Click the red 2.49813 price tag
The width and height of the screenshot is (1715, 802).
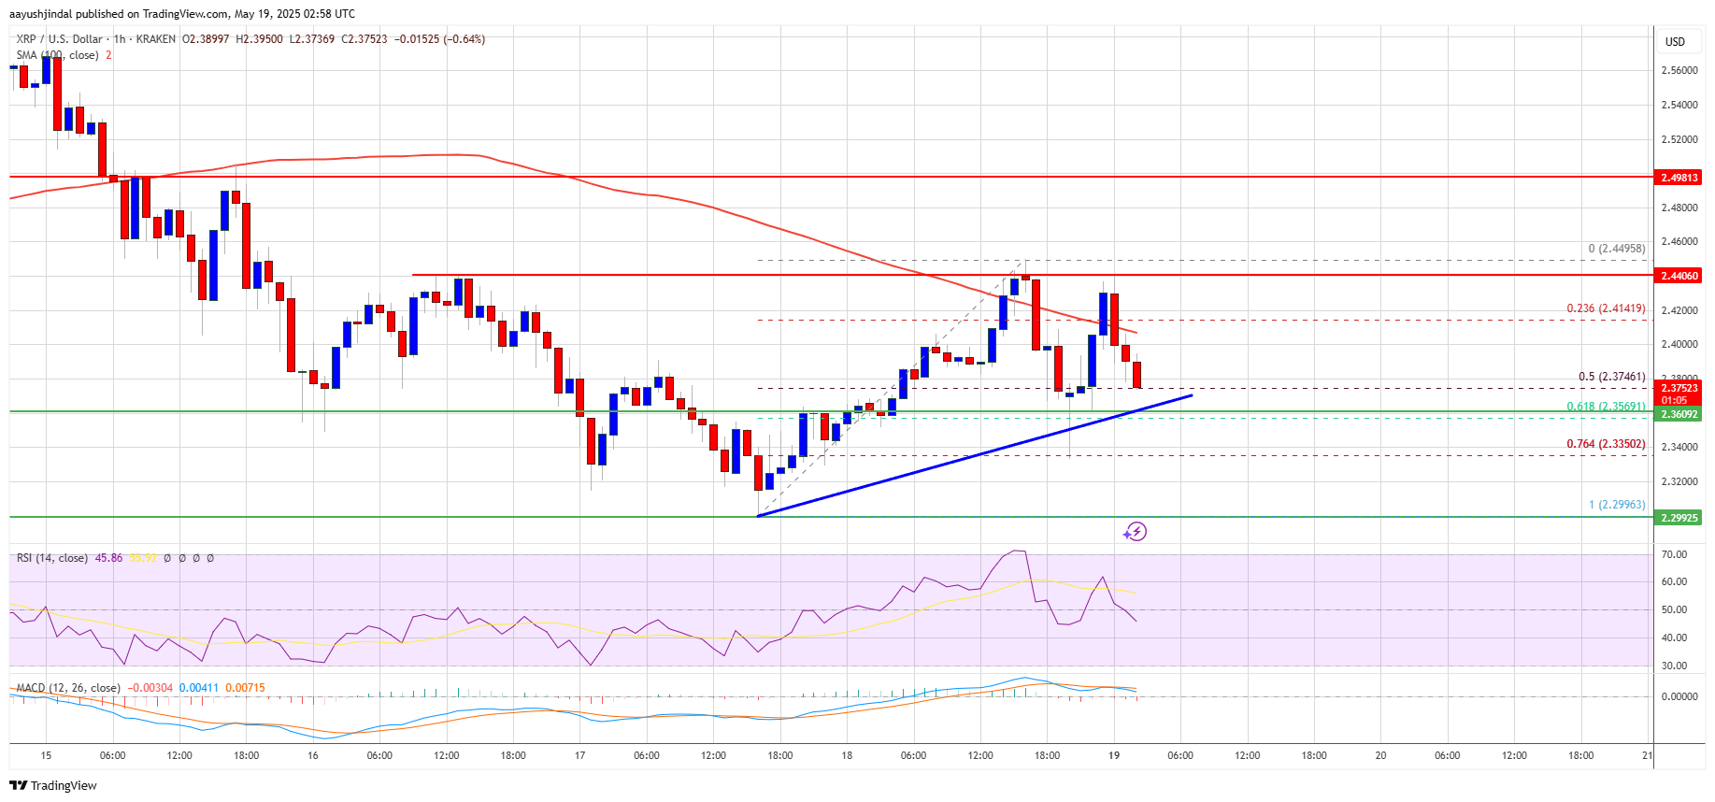point(1679,178)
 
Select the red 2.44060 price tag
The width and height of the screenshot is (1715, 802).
point(1679,276)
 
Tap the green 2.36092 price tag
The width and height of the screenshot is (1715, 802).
point(1679,414)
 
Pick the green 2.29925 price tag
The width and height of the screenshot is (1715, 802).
point(1679,518)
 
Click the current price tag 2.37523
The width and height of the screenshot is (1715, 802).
point(1679,388)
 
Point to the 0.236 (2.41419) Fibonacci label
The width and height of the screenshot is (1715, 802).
point(1606,308)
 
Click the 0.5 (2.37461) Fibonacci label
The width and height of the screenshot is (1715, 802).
point(1611,377)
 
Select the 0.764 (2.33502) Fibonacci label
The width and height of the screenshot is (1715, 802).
point(1606,444)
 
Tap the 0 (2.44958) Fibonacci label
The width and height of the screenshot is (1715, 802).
point(1616,249)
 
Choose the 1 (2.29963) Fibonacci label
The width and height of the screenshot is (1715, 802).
point(1617,505)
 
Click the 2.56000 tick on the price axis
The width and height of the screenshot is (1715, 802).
point(1679,70)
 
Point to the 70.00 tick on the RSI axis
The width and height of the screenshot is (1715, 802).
point(1675,554)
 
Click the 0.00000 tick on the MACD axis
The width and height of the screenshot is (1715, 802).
point(1679,696)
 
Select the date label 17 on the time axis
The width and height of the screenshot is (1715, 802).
point(579,755)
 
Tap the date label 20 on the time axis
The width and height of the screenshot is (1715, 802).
point(1380,755)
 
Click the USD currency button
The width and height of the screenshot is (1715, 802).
point(1675,41)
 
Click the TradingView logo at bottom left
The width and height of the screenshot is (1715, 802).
point(53,785)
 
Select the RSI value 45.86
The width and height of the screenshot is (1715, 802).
point(108,558)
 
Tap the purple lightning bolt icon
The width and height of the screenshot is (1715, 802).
point(1135,532)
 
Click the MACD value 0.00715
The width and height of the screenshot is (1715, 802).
point(248,688)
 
